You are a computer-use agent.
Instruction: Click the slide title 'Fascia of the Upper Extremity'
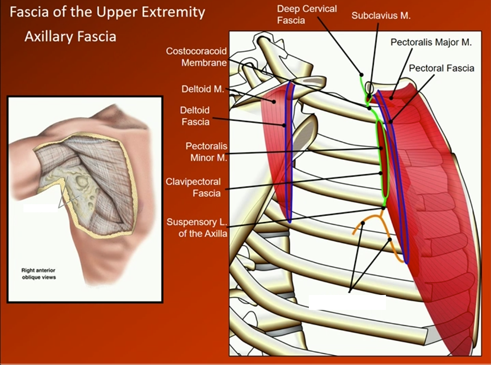click(107, 12)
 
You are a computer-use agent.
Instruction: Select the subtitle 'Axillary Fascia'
click(70, 36)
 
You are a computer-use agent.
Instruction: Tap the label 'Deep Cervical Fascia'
click(307, 14)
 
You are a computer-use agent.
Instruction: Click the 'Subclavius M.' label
click(381, 16)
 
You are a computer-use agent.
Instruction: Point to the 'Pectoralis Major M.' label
click(431, 42)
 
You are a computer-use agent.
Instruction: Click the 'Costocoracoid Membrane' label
click(196, 57)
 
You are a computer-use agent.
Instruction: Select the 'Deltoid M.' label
click(202, 89)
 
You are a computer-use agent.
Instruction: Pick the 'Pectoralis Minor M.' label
click(206, 152)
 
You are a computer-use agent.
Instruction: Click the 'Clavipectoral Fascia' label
click(200, 187)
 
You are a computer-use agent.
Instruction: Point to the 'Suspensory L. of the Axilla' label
click(197, 228)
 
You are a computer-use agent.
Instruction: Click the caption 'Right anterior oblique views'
click(39, 274)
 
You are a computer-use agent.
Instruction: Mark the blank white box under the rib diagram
click(347, 302)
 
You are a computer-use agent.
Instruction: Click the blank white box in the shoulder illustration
click(40, 208)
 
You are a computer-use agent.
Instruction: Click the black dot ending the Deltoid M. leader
click(274, 102)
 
